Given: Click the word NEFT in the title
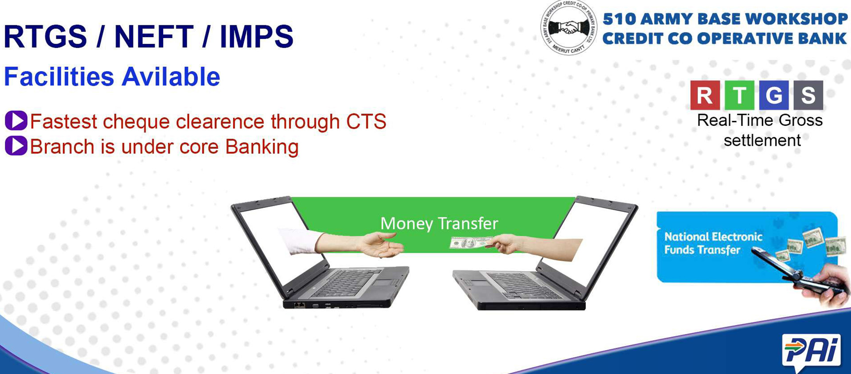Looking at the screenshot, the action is click(154, 36).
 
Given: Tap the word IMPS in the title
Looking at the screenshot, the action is click(257, 36).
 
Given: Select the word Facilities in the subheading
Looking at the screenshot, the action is click(59, 77).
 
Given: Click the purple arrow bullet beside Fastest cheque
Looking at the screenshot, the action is click(16, 121).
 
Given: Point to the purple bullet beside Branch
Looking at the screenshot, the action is click(16, 146).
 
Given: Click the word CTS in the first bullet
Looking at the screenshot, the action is click(366, 121).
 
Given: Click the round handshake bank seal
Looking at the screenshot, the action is click(569, 28).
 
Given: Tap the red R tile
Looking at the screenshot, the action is click(705, 95).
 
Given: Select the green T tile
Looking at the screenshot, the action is click(739, 95).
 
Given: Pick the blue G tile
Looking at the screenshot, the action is click(774, 95).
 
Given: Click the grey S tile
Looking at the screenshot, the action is click(808, 95).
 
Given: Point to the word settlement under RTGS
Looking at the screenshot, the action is click(762, 140).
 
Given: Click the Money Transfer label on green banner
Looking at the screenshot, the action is click(439, 223).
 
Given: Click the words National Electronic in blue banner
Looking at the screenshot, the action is click(713, 237).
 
